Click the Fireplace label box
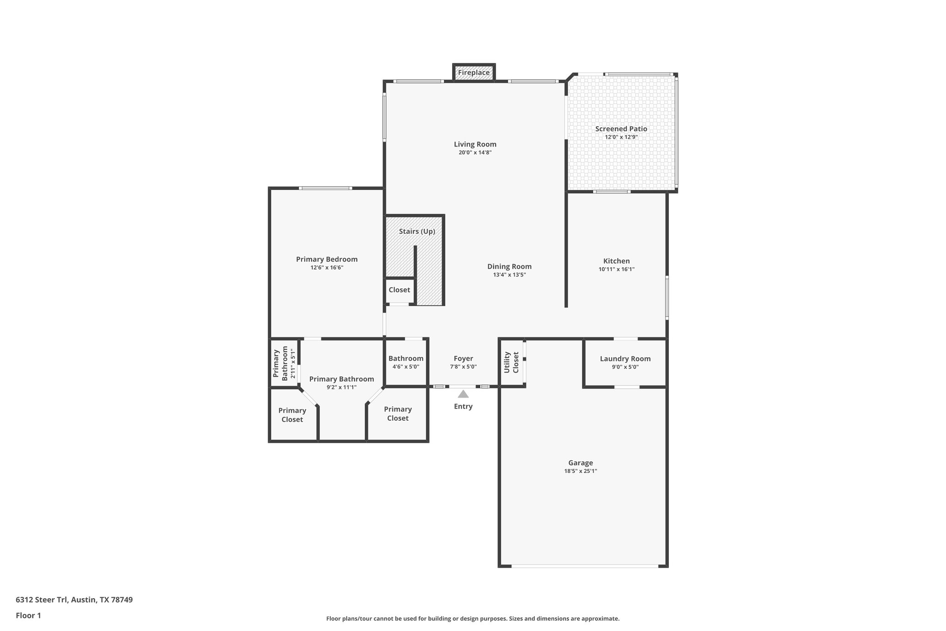(473, 73)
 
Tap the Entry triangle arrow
(463, 394)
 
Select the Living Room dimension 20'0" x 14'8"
(474, 153)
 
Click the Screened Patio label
(621, 129)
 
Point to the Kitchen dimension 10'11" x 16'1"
(616, 269)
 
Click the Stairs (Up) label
(417, 231)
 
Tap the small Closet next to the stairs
(399, 290)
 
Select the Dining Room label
(509, 266)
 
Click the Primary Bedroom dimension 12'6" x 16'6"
(327, 268)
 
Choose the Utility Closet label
(511, 362)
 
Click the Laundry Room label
(625, 359)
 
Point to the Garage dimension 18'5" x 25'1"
(580, 471)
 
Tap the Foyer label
(463, 358)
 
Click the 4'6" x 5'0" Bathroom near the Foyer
(406, 362)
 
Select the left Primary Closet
(292, 415)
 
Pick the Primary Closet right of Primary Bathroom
(397, 413)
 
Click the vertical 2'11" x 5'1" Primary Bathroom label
(284, 363)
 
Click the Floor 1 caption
(28, 615)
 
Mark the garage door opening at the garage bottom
(584, 566)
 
